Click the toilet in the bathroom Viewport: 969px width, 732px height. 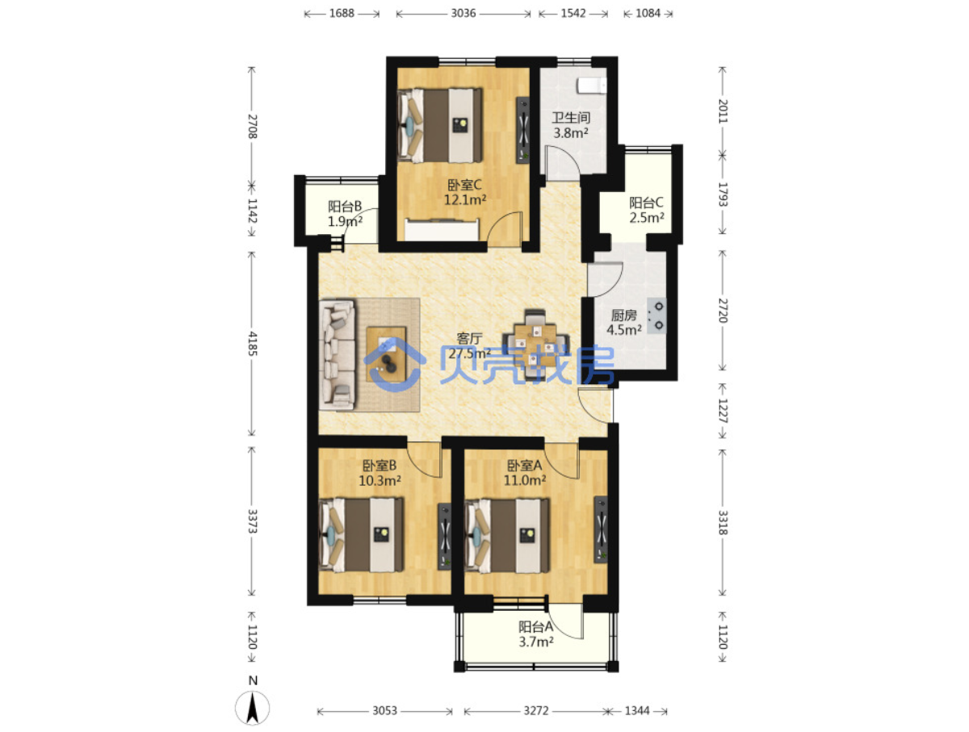(592, 86)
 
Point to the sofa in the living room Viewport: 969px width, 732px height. (337, 355)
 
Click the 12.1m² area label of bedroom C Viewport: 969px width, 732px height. (465, 200)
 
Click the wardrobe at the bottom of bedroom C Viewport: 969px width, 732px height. (442, 229)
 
